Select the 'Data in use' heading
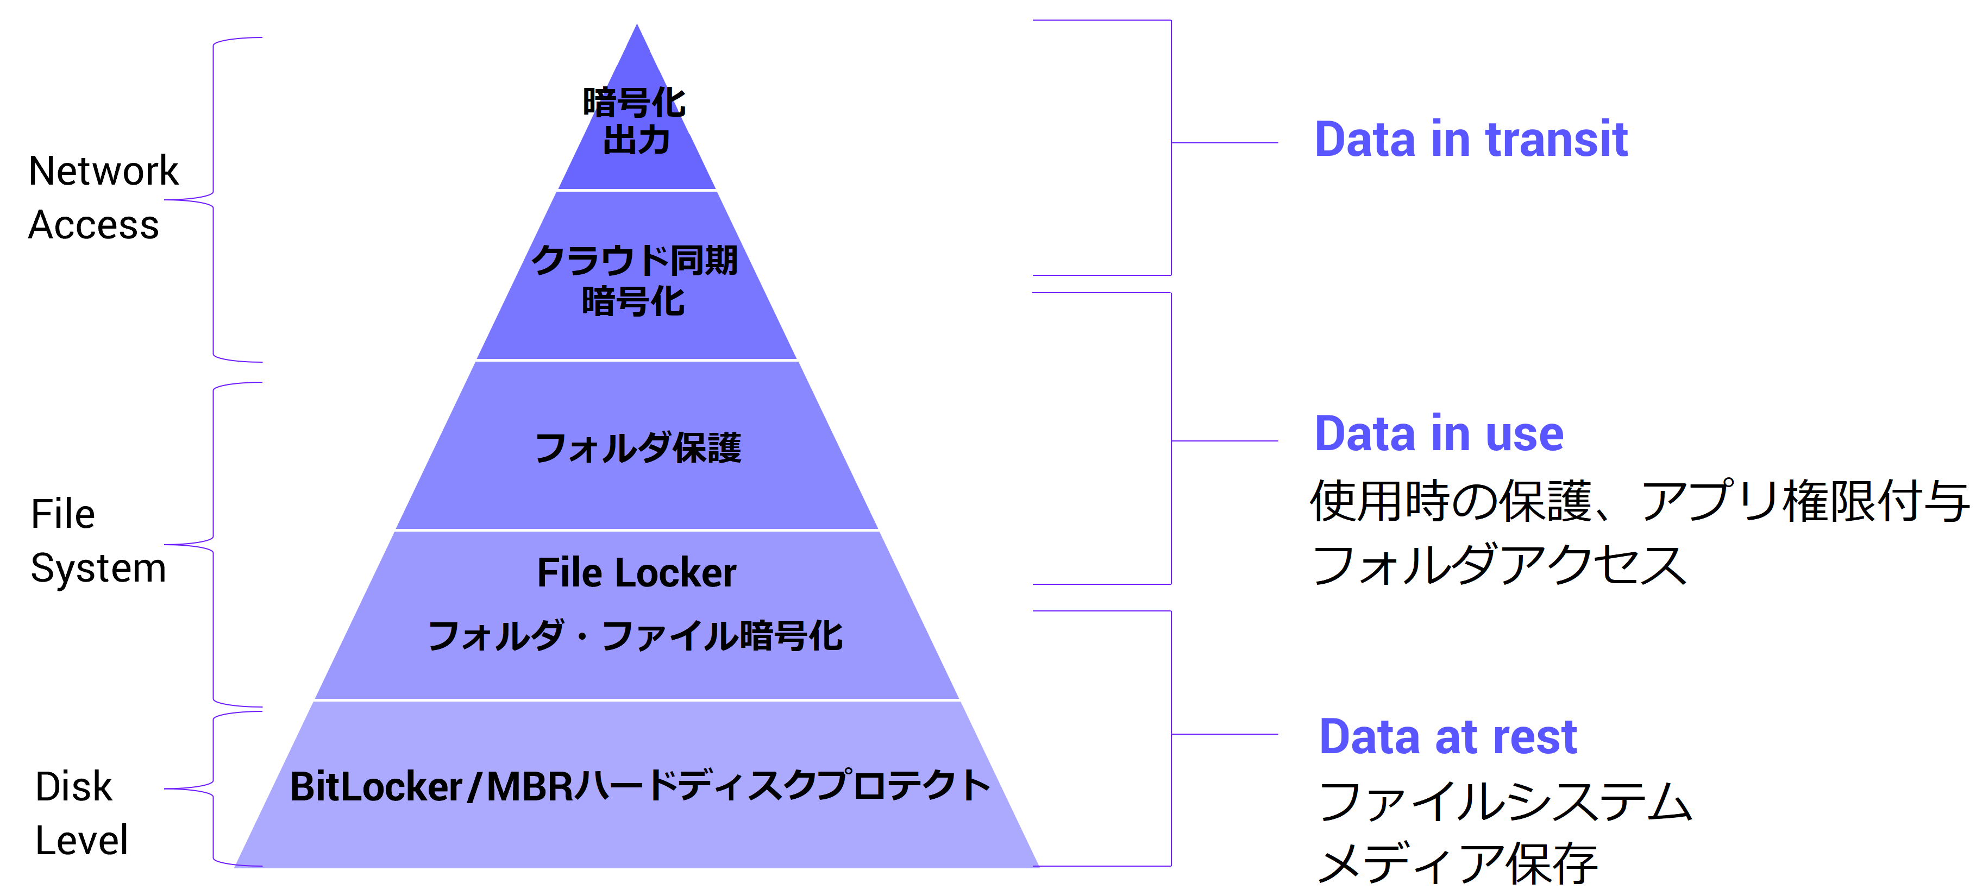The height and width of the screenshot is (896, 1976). (1438, 434)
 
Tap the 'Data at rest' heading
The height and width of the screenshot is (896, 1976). (1447, 737)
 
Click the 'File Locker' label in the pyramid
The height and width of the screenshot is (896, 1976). (637, 573)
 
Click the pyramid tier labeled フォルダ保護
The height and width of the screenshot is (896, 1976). (637, 449)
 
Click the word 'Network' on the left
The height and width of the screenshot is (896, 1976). (103, 171)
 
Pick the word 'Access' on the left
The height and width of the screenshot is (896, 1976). (93, 225)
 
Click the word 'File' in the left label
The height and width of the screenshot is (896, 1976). (63, 514)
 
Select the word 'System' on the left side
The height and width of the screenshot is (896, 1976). (98, 569)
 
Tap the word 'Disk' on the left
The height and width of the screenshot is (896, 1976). (74, 787)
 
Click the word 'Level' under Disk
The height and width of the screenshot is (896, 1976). (81, 841)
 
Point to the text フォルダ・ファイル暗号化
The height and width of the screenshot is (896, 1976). (635, 636)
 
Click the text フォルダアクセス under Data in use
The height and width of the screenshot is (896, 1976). (1500, 566)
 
